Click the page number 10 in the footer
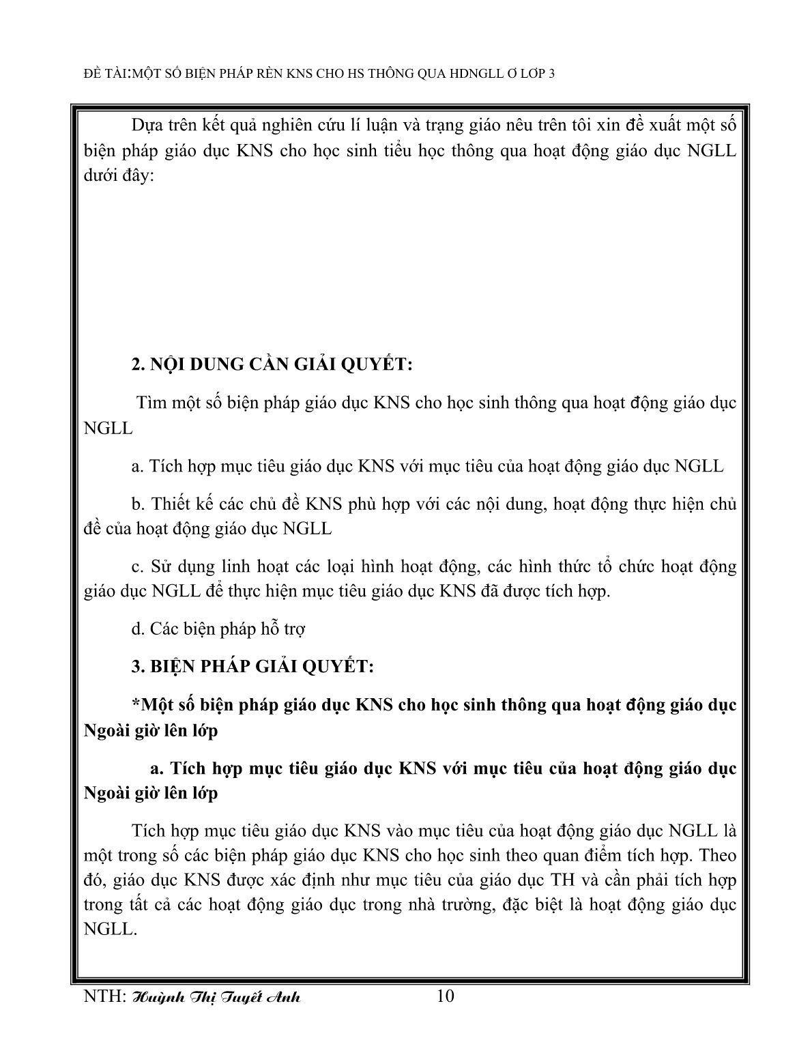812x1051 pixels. [x=444, y=996]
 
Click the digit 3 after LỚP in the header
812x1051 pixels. [x=551, y=74]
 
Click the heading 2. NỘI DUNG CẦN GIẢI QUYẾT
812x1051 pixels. [x=272, y=365]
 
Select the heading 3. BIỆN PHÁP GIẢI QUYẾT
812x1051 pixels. [x=252, y=666]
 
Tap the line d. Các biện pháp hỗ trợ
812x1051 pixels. [x=218, y=629]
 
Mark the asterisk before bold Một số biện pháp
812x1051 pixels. [x=135, y=704]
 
